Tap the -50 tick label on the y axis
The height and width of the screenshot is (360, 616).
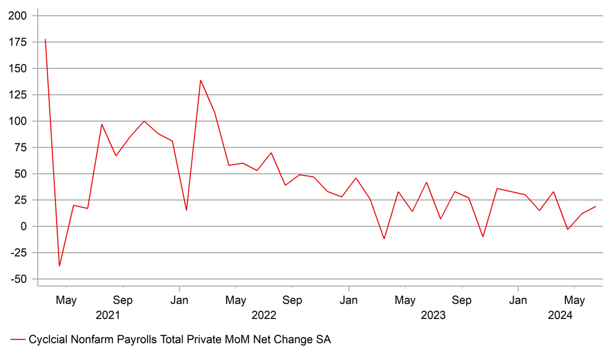18,279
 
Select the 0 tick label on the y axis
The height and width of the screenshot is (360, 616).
24,226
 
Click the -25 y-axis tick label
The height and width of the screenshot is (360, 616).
18,253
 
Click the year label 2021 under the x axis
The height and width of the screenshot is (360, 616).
107,315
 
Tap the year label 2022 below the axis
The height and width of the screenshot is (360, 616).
263,315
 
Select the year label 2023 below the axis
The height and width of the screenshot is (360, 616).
433,315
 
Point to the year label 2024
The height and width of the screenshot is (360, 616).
561,315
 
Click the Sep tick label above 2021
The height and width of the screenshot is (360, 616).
123,300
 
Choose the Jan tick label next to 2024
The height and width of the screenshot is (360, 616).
518,300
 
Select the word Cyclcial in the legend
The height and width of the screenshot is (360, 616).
48,340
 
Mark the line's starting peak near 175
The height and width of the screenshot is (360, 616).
45,40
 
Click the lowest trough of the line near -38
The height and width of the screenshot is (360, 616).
59,266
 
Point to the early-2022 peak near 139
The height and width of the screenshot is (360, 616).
200,80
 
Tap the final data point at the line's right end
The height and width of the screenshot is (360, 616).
596,206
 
